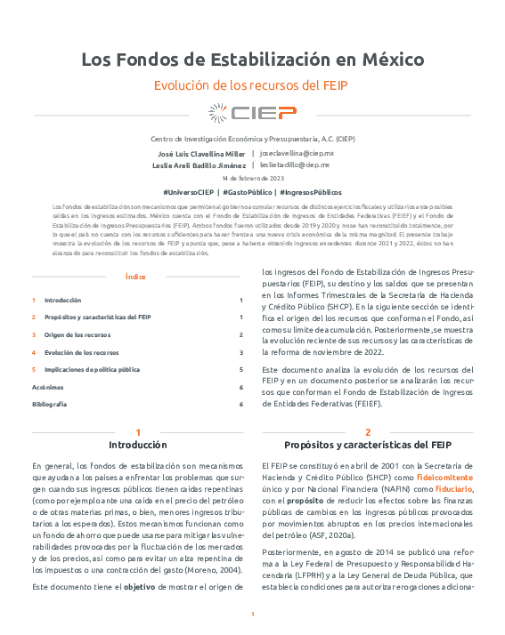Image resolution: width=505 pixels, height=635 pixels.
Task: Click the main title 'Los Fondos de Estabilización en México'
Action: coord(252,60)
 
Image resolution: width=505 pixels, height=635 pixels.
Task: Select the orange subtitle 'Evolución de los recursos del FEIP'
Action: coord(252,85)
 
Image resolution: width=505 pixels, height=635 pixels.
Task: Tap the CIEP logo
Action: coord(252,112)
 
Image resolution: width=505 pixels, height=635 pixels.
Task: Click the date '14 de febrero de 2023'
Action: coord(252,179)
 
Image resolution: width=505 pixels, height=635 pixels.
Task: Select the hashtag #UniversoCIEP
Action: coord(189,192)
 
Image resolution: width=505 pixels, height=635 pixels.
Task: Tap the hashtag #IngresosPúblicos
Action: coord(310,192)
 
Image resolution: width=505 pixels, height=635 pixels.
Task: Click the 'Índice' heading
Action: coord(137,277)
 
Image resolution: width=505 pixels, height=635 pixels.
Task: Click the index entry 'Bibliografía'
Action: coord(49,404)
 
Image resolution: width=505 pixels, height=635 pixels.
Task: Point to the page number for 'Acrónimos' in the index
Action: coord(240,387)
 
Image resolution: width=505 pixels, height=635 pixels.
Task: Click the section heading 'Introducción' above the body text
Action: coord(137,445)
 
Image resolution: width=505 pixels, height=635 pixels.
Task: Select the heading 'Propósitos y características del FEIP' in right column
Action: coord(368,445)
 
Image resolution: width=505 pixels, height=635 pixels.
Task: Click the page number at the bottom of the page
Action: coord(252,615)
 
